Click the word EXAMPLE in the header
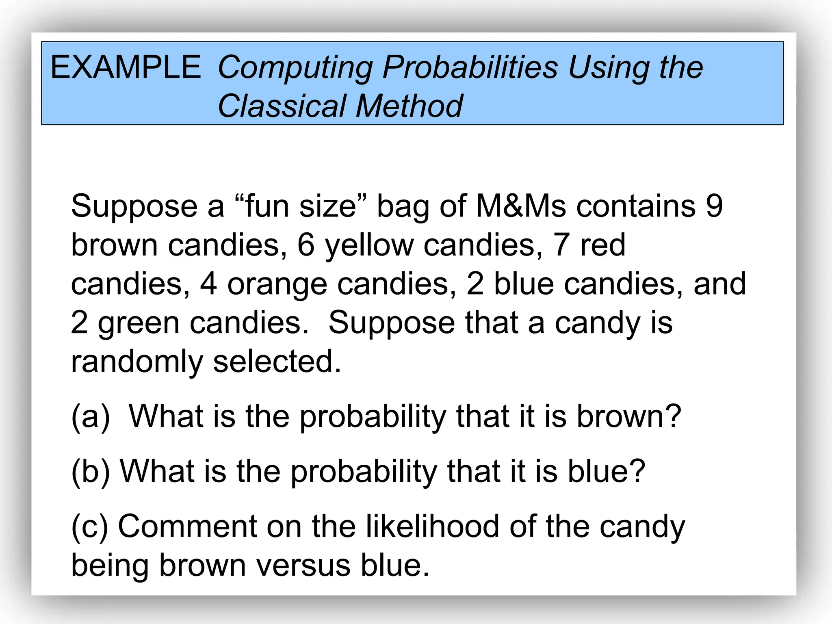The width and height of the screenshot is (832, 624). point(126,67)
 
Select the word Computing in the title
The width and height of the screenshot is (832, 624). point(295,68)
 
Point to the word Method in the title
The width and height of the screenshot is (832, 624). point(409,106)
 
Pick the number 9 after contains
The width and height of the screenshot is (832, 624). point(714,206)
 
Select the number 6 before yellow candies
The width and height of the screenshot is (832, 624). point(306,245)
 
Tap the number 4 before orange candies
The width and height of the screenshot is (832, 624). point(208,284)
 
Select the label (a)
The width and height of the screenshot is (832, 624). point(91,417)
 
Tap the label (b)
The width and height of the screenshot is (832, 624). point(91,472)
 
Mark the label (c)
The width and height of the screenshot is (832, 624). point(90,527)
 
